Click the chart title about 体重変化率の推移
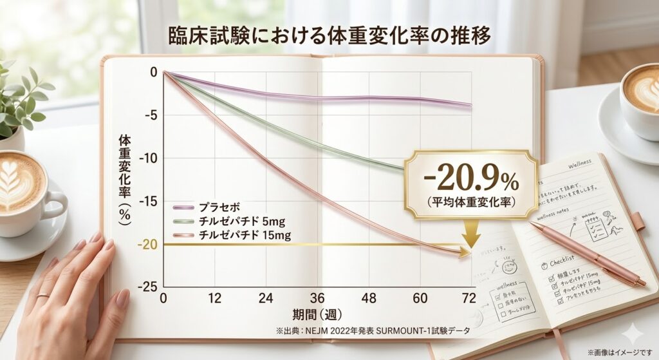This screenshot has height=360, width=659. coord(329,36)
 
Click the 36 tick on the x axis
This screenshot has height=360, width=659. coord(317,298)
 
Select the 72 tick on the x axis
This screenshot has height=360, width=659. coord(469,298)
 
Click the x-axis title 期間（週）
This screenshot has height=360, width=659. coord(317,317)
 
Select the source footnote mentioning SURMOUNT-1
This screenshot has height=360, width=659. coord(372,331)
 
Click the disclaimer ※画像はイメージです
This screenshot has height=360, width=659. coord(619,352)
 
